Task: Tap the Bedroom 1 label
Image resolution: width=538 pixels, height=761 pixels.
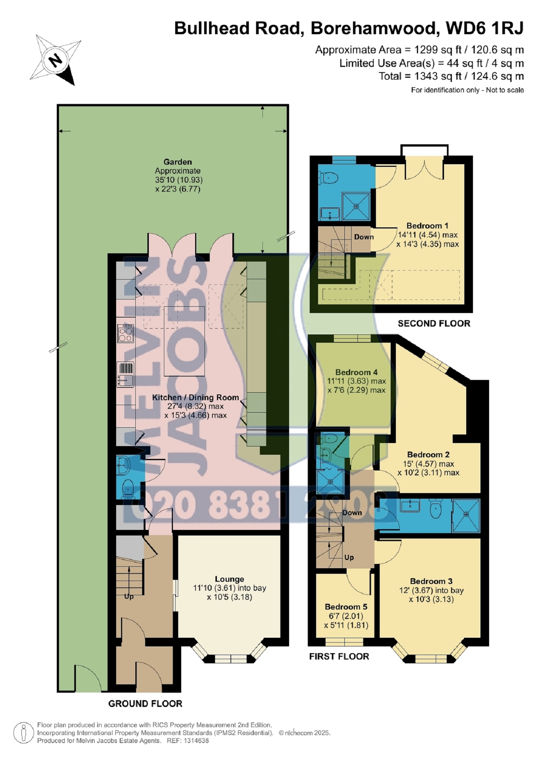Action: (427, 226)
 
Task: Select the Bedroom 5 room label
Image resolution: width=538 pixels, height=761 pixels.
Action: (346, 607)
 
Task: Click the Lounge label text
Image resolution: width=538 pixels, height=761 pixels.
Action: (229, 579)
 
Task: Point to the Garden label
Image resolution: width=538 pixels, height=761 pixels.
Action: (177, 162)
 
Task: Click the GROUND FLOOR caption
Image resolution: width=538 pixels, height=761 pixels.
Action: (145, 704)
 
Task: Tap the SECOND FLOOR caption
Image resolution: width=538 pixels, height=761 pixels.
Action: (434, 324)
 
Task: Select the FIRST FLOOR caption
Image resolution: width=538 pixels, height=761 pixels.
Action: (339, 656)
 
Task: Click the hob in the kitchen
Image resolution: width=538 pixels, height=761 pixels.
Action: (126, 333)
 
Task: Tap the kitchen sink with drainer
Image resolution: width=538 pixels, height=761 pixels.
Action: (126, 375)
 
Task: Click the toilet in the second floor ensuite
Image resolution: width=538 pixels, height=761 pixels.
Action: (328, 177)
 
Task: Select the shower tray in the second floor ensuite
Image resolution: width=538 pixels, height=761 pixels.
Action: (356, 206)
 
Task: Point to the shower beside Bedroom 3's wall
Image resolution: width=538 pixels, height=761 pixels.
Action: (466, 515)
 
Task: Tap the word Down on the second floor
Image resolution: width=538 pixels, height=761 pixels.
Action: (364, 237)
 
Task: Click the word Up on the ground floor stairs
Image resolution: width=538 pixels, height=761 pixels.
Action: (129, 596)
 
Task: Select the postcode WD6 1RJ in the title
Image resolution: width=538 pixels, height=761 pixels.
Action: (484, 28)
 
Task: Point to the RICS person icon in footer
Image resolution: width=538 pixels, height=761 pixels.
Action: (24, 732)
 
